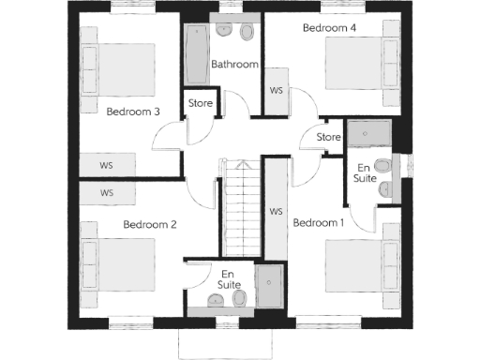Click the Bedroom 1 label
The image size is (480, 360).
coord(319,223)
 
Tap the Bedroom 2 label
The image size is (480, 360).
coord(150,224)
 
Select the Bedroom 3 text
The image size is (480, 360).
coord(132,112)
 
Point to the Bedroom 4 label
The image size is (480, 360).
coord(329,29)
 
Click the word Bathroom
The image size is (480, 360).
coord(234,65)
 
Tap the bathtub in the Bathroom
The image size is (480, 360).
coord(197,53)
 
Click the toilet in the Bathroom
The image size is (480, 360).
coord(247,33)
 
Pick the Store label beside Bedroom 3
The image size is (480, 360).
coord(201,103)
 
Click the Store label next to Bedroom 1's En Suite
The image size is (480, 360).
coord(328,138)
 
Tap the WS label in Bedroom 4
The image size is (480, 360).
coord(277,91)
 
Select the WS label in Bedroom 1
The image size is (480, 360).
coord(276,212)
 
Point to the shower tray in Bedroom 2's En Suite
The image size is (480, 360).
coord(269,287)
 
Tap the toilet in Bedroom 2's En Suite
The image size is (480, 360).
coord(240,299)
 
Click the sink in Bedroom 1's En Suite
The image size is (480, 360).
coord(384,190)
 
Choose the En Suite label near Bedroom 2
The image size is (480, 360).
coord(228,278)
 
